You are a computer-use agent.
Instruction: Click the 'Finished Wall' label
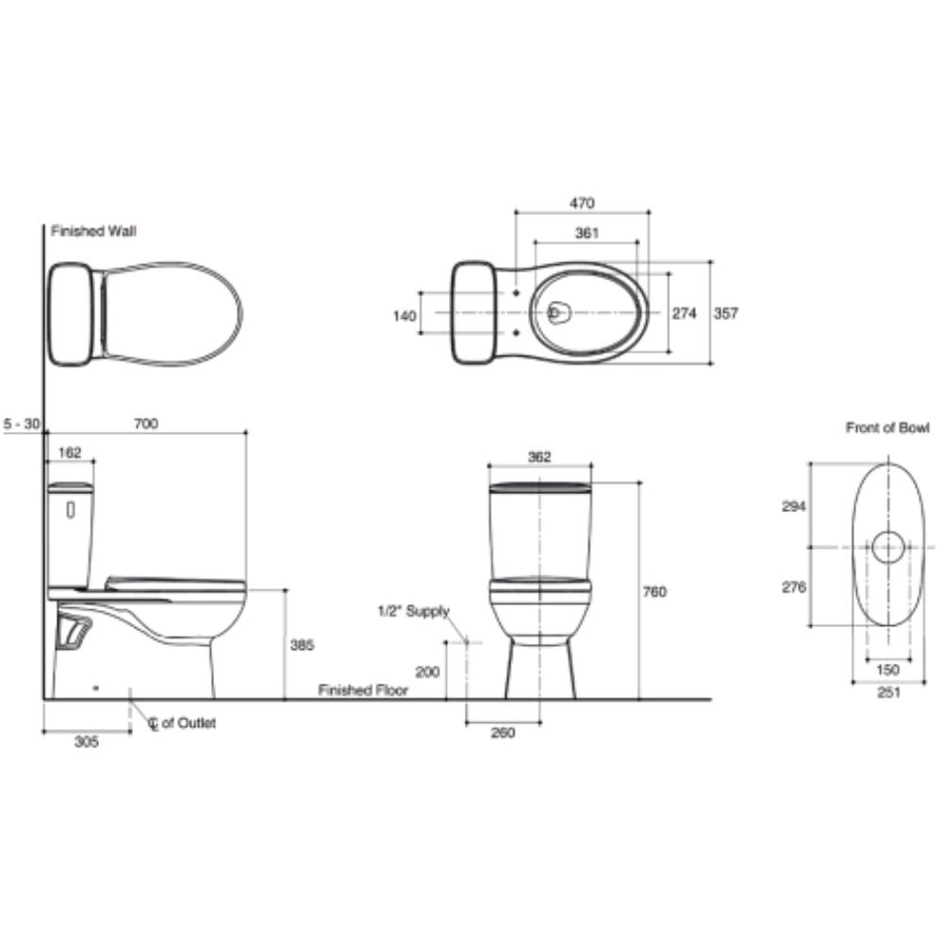93,231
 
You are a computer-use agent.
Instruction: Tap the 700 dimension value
145,423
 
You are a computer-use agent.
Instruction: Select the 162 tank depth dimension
70,453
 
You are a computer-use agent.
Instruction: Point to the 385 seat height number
302,645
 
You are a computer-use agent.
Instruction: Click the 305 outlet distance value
86,741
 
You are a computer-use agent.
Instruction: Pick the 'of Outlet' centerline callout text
189,722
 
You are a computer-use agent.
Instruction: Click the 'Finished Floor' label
363,690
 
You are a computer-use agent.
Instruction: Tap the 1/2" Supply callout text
414,611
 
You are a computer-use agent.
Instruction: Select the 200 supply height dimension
427,671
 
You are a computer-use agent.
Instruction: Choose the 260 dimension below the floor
503,732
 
